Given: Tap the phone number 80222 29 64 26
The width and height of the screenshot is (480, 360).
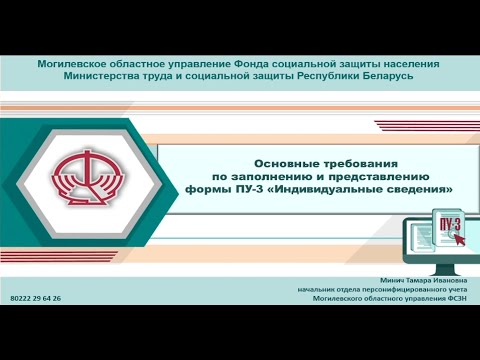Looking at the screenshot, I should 35,298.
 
